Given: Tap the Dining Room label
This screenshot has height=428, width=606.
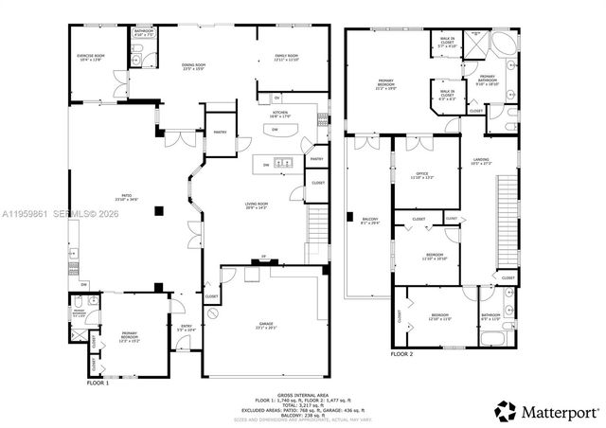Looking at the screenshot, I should point(194,66).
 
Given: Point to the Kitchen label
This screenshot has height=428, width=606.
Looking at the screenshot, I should point(281,115).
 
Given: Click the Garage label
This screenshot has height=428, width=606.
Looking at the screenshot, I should point(266,325).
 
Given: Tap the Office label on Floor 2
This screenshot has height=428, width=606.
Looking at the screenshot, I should point(422,175).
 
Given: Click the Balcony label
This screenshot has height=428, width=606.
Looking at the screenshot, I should point(368,223).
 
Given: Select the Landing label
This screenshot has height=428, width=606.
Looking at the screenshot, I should point(481,162).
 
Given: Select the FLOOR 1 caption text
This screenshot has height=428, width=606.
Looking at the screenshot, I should point(98,384).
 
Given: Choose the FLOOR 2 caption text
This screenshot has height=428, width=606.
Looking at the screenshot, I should point(401,353).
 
